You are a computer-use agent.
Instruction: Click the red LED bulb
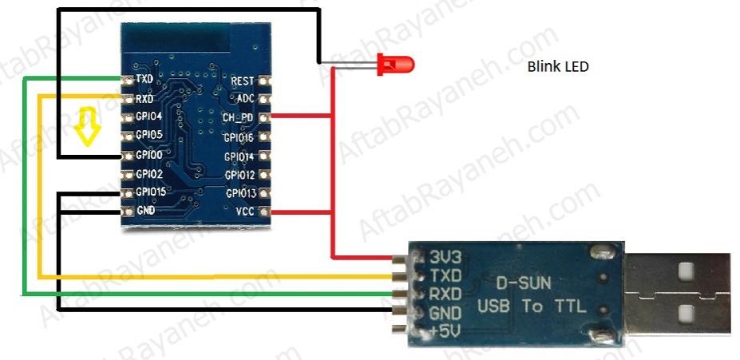pos(395,64)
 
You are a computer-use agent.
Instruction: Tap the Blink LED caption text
pos(558,67)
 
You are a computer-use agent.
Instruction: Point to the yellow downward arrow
pos(87,125)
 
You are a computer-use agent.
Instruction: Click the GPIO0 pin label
pos(149,155)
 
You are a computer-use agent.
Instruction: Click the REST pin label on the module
pos(242,81)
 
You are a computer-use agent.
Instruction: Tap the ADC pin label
pos(245,99)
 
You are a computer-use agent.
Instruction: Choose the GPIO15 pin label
pos(152,192)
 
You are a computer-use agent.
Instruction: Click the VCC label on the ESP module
pos(245,212)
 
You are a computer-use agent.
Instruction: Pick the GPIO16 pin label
pos(239,138)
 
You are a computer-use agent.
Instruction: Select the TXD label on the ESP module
pos(144,79)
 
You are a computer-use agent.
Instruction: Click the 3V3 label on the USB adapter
pos(445,257)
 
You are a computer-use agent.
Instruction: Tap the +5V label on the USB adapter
pos(444,332)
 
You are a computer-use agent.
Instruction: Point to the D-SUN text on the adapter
pos(524,283)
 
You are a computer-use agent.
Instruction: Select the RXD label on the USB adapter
pos(445,294)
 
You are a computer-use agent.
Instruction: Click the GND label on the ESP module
pos(145,211)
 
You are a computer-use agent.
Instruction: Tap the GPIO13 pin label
pos(241,193)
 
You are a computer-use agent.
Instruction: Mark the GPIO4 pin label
pos(149,117)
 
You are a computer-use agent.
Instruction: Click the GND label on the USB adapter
pos(445,313)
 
